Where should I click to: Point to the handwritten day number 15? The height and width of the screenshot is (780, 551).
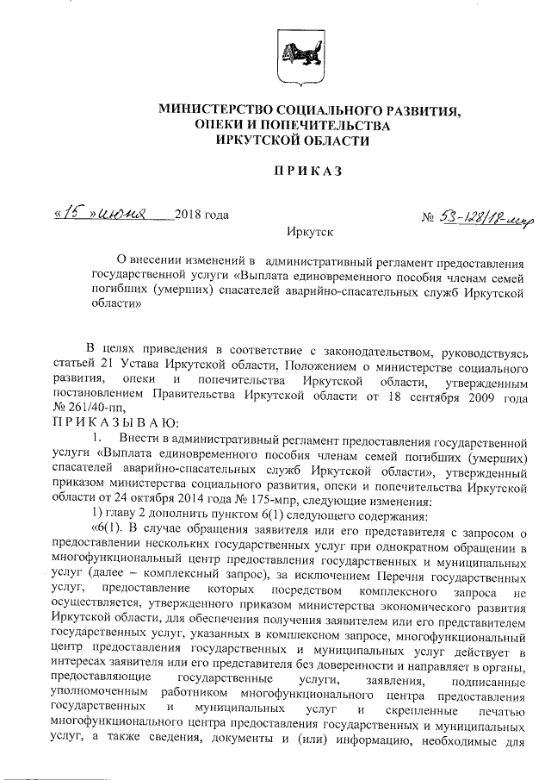click(71, 212)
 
